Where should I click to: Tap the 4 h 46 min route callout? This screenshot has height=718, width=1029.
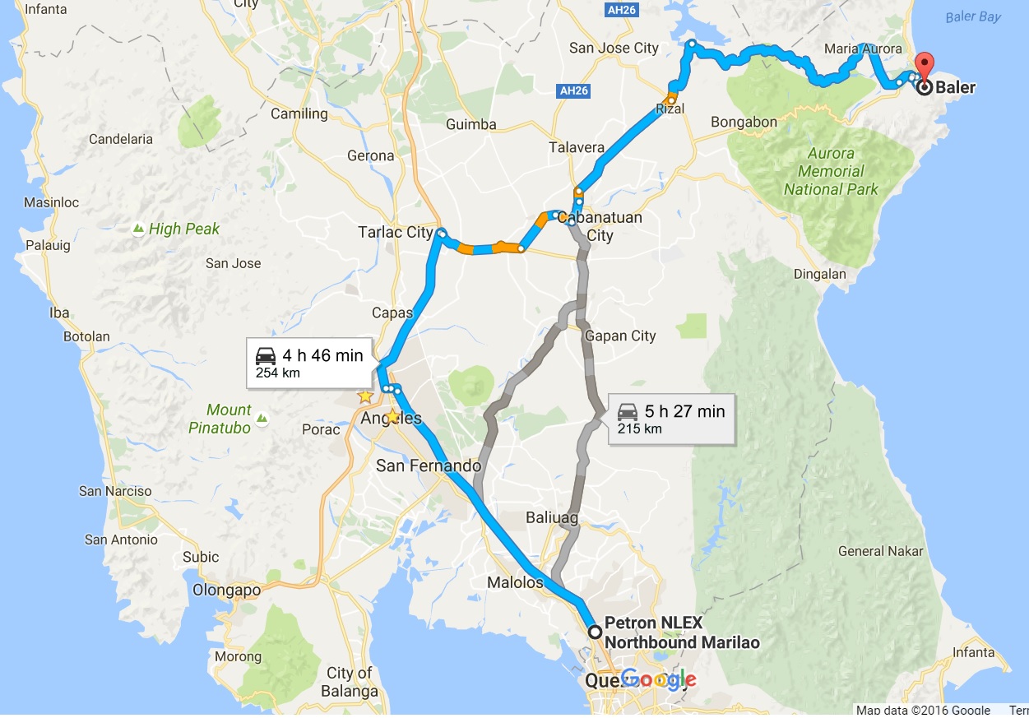coord(309,363)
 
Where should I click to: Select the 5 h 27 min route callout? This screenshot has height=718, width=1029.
coord(671,419)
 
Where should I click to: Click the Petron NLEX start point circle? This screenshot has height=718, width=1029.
coord(595,632)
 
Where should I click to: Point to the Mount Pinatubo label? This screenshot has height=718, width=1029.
coord(220,418)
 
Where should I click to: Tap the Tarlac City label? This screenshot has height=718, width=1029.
coord(396,232)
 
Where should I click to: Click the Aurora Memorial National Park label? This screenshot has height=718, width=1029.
coord(831,171)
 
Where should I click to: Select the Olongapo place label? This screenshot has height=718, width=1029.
coord(226,590)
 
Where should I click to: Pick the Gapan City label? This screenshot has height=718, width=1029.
coord(620,336)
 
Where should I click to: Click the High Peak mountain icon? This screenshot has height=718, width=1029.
coord(138,229)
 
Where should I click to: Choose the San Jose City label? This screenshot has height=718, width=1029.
coord(614,48)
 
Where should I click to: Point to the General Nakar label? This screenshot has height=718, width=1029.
coord(880,551)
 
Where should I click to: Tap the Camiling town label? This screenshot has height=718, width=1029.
coord(299,113)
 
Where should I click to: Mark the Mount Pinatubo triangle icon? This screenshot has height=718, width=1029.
coord(262,419)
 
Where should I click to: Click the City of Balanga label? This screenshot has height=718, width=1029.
coord(351,682)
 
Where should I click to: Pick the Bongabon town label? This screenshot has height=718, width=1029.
coord(744,122)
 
